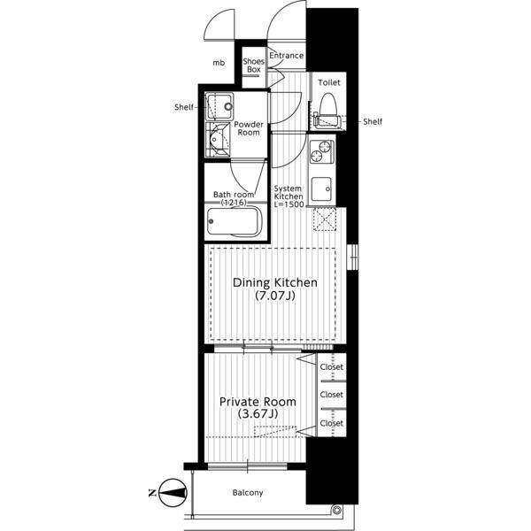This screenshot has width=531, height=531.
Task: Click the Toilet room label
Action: (x=329, y=82)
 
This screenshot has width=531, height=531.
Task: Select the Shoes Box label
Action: (x=254, y=65)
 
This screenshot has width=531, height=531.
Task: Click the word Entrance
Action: (x=287, y=56)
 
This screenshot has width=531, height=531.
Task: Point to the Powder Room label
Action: (x=249, y=128)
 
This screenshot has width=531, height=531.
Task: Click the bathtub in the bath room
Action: (x=234, y=221)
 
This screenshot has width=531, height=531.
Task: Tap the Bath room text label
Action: (x=234, y=195)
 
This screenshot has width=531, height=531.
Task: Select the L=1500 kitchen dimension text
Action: (x=289, y=204)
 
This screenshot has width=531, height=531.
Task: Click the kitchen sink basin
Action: (x=321, y=189)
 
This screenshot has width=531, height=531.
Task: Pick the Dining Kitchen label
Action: (x=275, y=283)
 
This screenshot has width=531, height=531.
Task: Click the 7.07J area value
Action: (x=275, y=296)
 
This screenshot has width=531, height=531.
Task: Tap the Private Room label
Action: (x=258, y=402)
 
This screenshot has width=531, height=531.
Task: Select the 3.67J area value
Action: (x=258, y=414)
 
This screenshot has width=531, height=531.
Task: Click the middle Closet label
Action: (x=332, y=395)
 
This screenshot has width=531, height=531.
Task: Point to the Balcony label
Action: (x=248, y=493)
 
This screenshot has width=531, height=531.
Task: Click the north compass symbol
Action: (x=173, y=493)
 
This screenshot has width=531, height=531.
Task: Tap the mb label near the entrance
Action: (x=219, y=63)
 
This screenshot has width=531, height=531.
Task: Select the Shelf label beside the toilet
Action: (x=373, y=121)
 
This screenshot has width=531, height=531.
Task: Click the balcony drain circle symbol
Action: (x=336, y=510)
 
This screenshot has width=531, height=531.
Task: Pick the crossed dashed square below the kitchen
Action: (x=325, y=219)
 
